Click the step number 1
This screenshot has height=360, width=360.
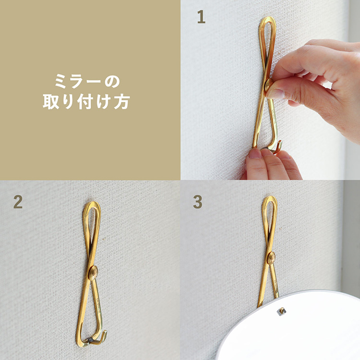(201, 18)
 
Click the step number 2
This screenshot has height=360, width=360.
(18, 202)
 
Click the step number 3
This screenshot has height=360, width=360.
(197, 202)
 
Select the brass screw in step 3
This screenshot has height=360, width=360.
(271, 258)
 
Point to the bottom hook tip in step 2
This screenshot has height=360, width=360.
(102, 335)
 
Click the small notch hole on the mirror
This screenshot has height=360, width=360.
(281, 312)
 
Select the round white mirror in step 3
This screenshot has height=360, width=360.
(298, 331)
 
